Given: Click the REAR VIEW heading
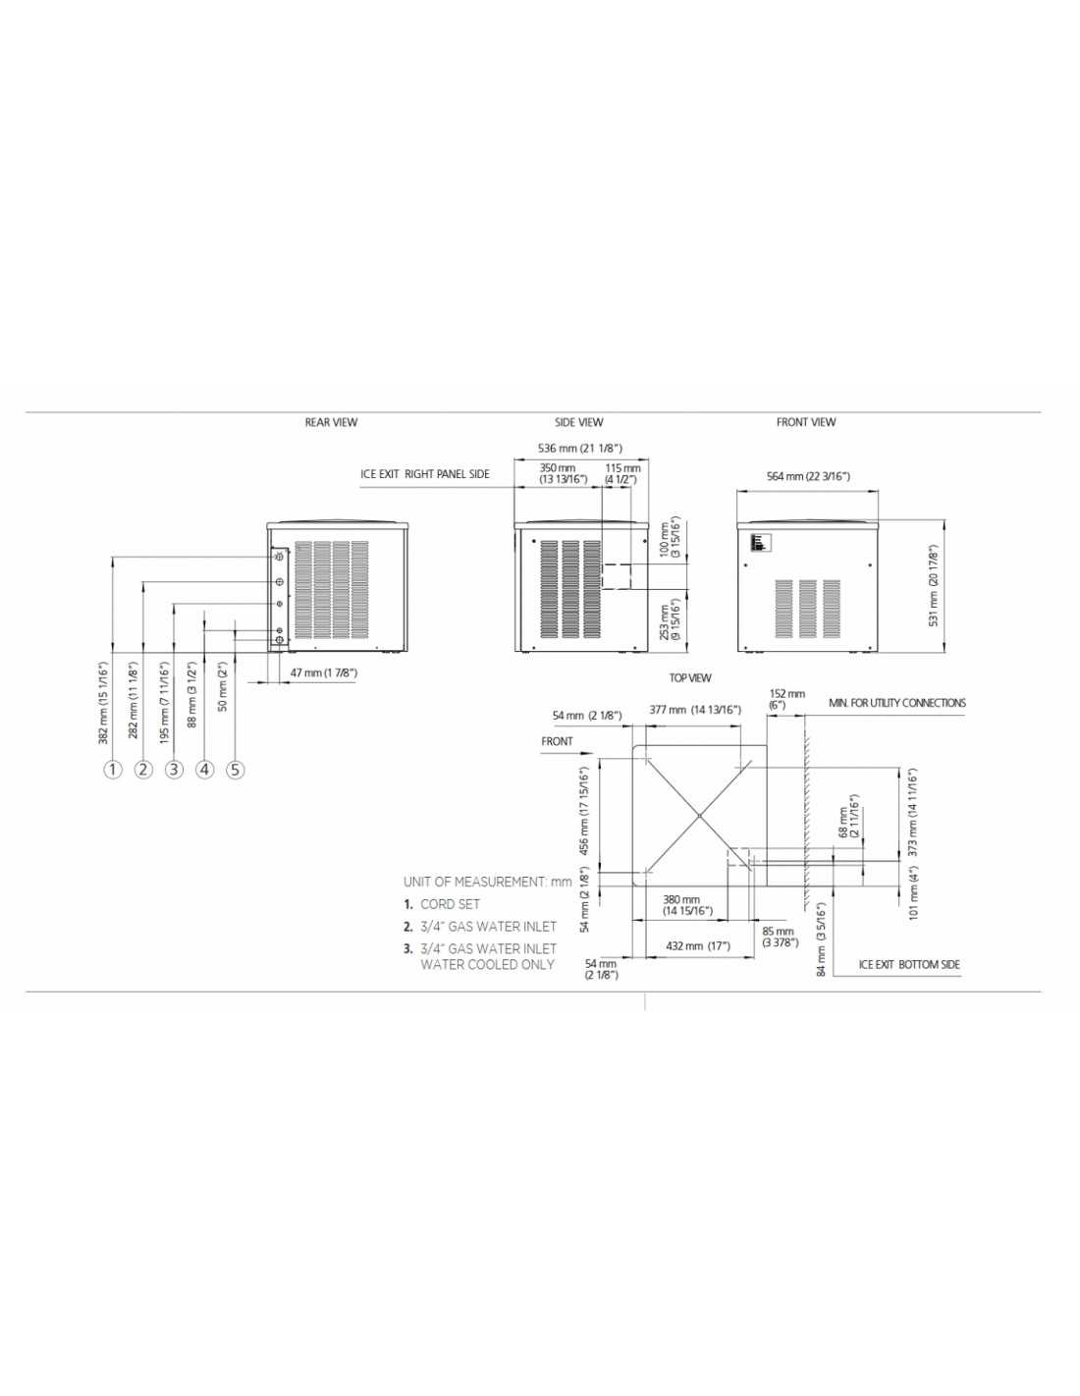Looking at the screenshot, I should click(x=331, y=422).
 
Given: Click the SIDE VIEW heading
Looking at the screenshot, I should click(x=578, y=422).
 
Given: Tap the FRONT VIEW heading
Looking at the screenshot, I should click(x=806, y=422).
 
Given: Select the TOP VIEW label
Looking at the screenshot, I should click(x=690, y=678).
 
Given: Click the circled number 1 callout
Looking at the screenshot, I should click(x=113, y=769).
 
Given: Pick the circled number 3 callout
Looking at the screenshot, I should click(x=174, y=769).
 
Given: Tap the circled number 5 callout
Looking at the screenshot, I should click(x=235, y=769).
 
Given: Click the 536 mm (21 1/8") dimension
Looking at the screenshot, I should click(x=579, y=449).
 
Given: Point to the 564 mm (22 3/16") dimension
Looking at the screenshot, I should click(x=808, y=477).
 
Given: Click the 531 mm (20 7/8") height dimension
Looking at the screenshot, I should click(x=934, y=586).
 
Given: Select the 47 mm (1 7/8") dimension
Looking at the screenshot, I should click(x=324, y=673).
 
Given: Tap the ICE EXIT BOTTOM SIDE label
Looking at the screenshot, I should click(x=909, y=965).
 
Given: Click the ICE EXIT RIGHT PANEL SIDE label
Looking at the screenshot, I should click(x=425, y=475).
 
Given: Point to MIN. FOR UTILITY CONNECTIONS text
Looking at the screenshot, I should click(x=897, y=703).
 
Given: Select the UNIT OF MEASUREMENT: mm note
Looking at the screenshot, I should click(x=487, y=882).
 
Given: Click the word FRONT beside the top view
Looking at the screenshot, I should click(x=557, y=741).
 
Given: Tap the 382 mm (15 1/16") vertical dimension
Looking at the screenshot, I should click(x=103, y=703).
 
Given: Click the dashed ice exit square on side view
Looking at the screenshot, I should click(x=616, y=575).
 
